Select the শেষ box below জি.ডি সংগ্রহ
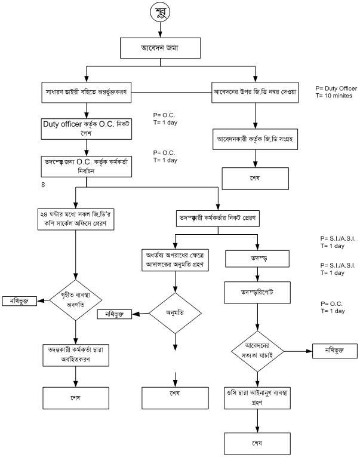pyautogui.click(x=256, y=177)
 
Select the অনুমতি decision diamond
pyautogui.click(x=175, y=314)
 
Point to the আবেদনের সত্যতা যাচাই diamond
pyautogui.click(x=258, y=351)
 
